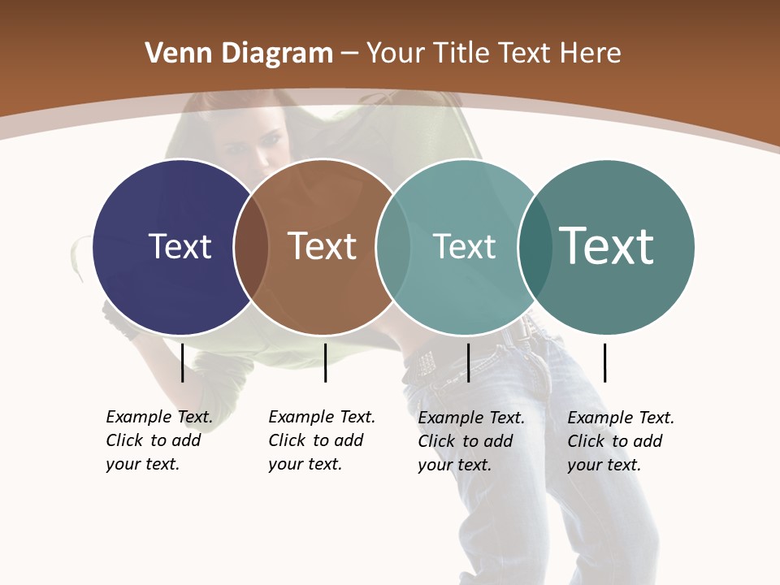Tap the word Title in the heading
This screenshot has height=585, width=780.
[461, 54]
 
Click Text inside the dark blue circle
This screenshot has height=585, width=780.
[180, 246]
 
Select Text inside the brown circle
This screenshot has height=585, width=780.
[322, 246]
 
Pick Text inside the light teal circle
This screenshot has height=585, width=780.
[464, 246]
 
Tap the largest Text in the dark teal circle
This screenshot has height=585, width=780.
[607, 246]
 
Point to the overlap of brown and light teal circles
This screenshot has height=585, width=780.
[393, 247]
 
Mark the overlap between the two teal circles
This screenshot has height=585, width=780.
[535, 247]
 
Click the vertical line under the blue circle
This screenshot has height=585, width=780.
[182, 362]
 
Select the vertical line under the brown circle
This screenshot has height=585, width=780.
[325, 362]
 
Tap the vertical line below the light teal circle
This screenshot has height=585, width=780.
[468, 362]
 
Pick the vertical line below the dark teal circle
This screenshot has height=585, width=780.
[604, 362]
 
